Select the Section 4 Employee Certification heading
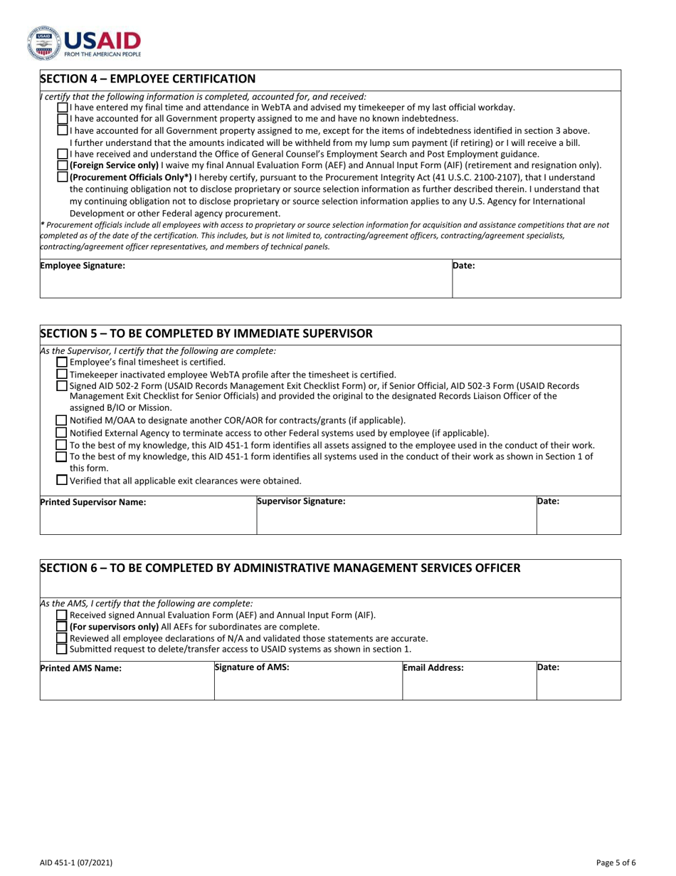[x=147, y=79]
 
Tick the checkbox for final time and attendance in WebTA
[x=63, y=108]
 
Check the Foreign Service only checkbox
[x=63, y=165]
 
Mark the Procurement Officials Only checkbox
[x=63, y=177]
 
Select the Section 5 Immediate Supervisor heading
[x=206, y=334]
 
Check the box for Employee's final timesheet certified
[x=63, y=362]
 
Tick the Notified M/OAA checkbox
[x=63, y=420]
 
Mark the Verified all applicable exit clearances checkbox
[x=63, y=480]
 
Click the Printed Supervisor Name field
[x=148, y=517]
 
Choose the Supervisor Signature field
[x=396, y=517]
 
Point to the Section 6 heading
[x=280, y=568]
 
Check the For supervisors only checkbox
[x=63, y=627]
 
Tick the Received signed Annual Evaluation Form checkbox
[x=63, y=615]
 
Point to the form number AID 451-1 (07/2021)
[x=75, y=862]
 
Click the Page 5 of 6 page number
[x=616, y=862]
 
